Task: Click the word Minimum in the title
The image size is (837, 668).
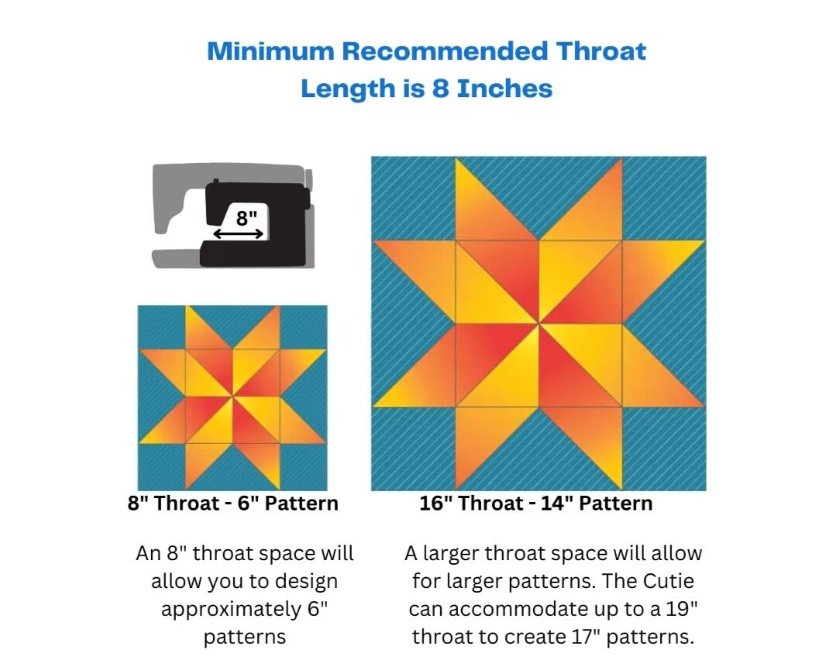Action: [x=270, y=51]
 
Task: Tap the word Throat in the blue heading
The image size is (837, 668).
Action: [x=601, y=51]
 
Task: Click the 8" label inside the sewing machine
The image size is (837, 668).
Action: [x=246, y=217]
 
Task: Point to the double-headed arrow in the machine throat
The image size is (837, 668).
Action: [x=238, y=234]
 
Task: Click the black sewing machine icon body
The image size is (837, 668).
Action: [x=255, y=224]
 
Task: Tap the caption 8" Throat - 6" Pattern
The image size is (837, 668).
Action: [x=232, y=504]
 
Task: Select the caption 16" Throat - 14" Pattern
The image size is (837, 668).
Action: [x=536, y=504]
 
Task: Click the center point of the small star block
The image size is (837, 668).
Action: [x=232, y=396]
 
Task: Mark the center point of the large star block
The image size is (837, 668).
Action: [x=539, y=324]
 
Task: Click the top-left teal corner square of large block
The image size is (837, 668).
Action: [x=413, y=199]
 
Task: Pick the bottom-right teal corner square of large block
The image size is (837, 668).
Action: [x=664, y=448]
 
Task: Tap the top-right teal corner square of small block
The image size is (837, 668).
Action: [x=303, y=327]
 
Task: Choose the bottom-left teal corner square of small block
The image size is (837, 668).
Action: [x=162, y=466]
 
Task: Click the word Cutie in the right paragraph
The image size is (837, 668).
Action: [x=668, y=581]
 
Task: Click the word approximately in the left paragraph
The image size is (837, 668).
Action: [x=231, y=610]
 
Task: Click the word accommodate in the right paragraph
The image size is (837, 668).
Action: [x=518, y=609]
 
